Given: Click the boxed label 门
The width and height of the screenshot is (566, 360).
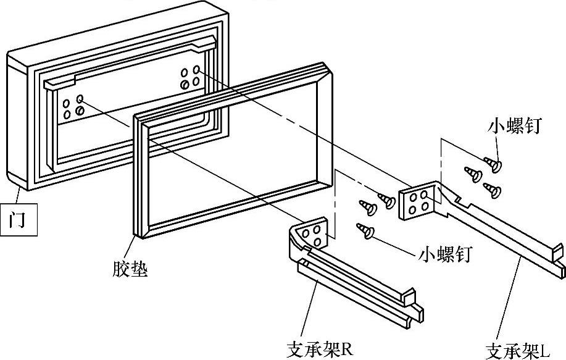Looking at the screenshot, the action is [19, 220].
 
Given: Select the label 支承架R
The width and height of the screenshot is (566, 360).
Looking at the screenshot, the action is [319, 349].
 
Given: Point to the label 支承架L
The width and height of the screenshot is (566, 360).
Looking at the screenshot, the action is [518, 351].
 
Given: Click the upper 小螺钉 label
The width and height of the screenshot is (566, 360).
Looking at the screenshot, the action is [514, 127].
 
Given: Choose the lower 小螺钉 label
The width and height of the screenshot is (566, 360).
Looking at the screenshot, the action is [444, 254].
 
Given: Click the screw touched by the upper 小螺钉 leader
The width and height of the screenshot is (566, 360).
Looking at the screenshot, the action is [493, 164].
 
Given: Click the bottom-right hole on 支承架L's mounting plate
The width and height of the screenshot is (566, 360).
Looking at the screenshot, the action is [425, 207].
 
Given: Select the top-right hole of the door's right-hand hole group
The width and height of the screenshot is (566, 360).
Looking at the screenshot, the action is [196, 69].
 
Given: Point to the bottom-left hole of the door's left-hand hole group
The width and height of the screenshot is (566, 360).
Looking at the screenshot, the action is [67, 115].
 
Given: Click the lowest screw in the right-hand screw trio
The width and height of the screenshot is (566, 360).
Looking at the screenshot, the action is [493, 189].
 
